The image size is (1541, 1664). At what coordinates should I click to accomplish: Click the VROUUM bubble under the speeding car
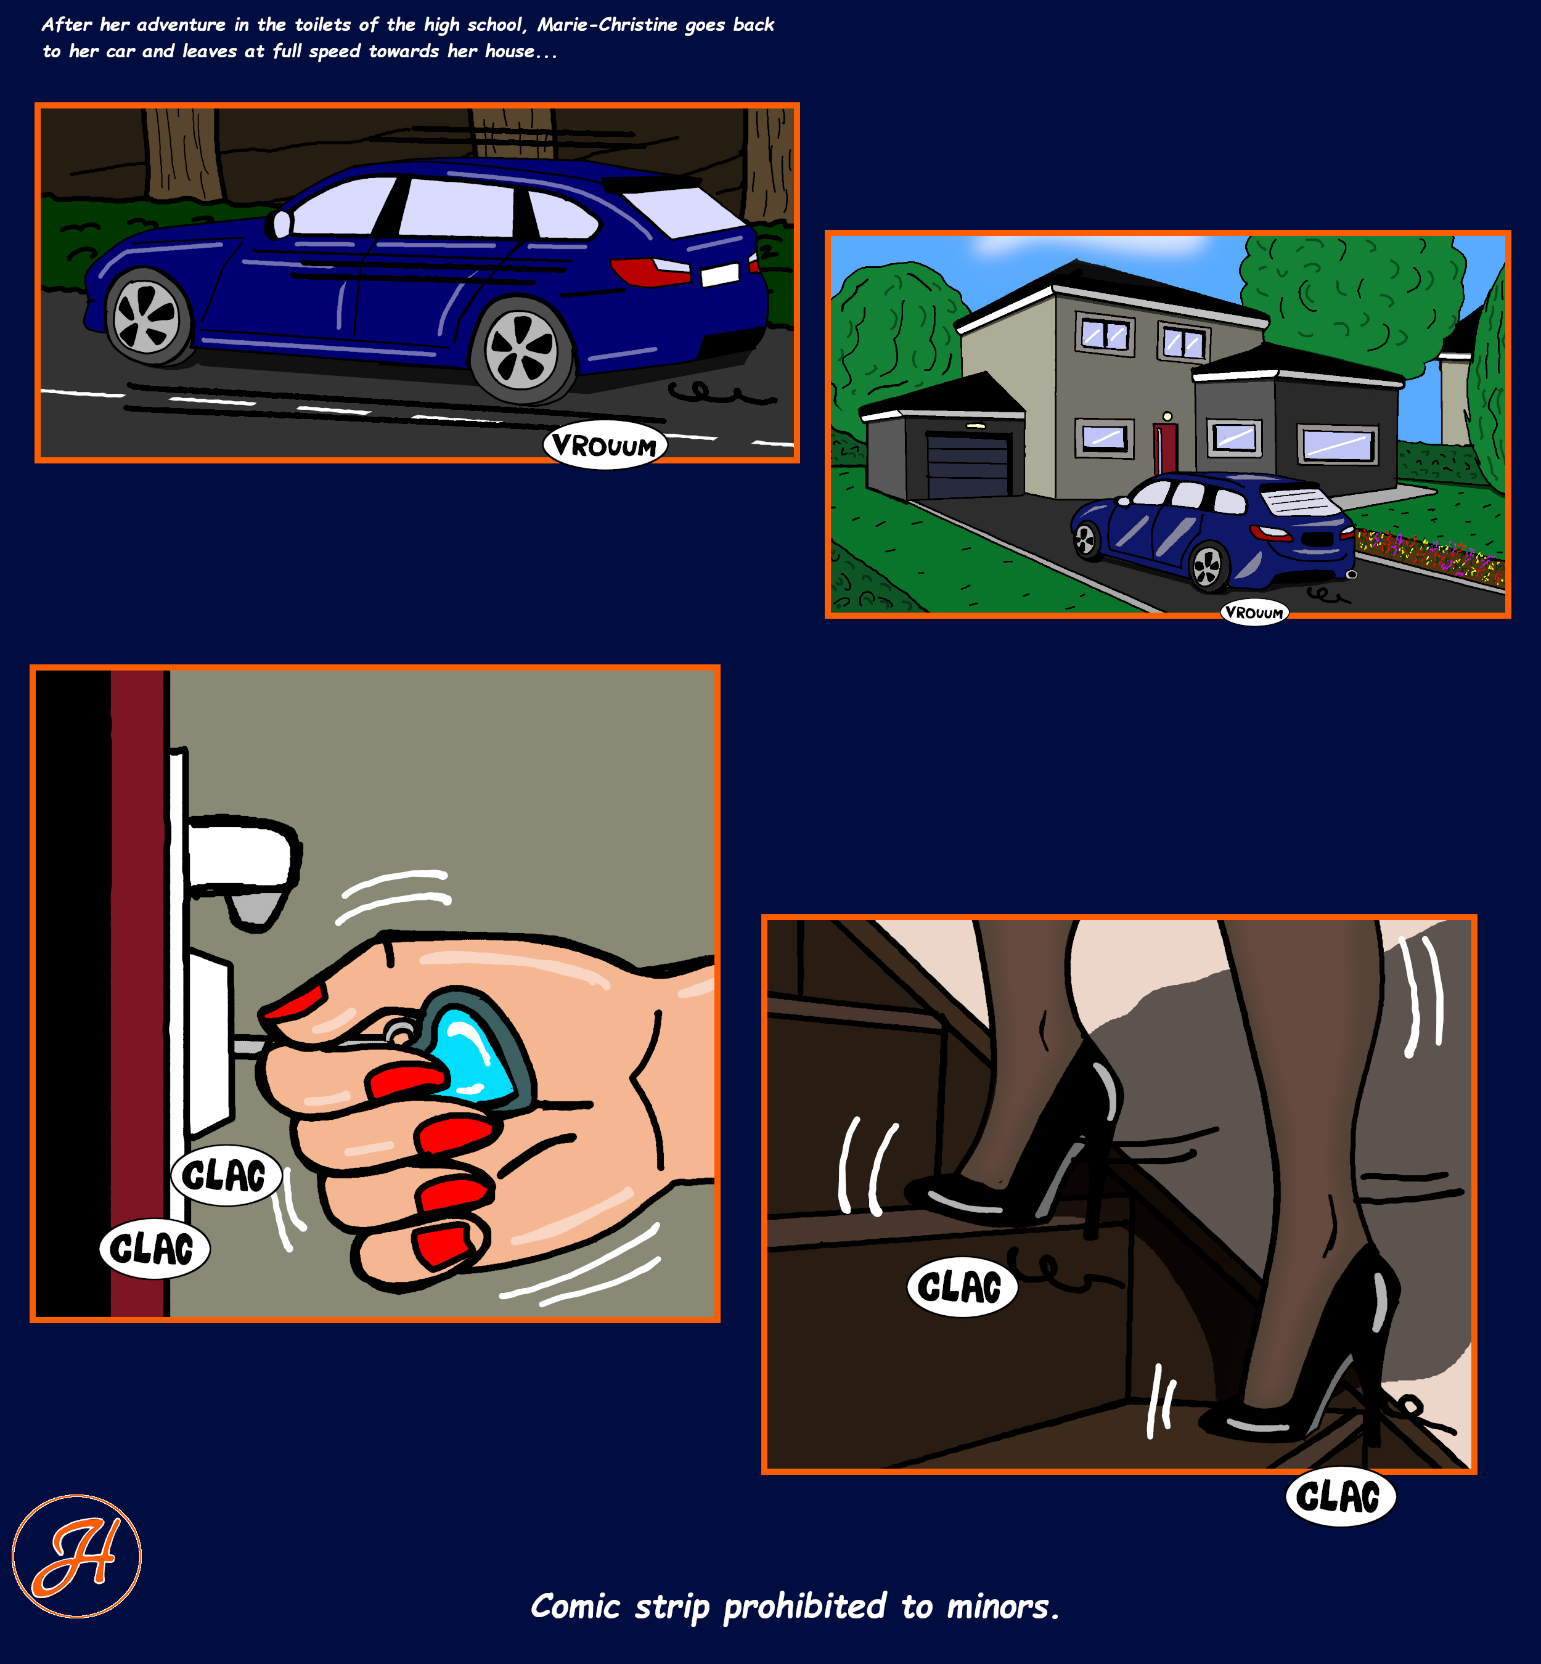(x=605, y=446)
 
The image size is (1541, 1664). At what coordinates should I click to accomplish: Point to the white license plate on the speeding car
(x=719, y=274)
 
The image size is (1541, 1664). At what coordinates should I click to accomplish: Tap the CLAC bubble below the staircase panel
(x=1340, y=1496)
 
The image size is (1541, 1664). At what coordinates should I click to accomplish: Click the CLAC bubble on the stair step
(x=962, y=1287)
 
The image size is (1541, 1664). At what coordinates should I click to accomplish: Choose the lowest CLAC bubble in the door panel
(x=154, y=1249)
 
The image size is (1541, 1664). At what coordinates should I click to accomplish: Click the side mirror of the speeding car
(x=281, y=224)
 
